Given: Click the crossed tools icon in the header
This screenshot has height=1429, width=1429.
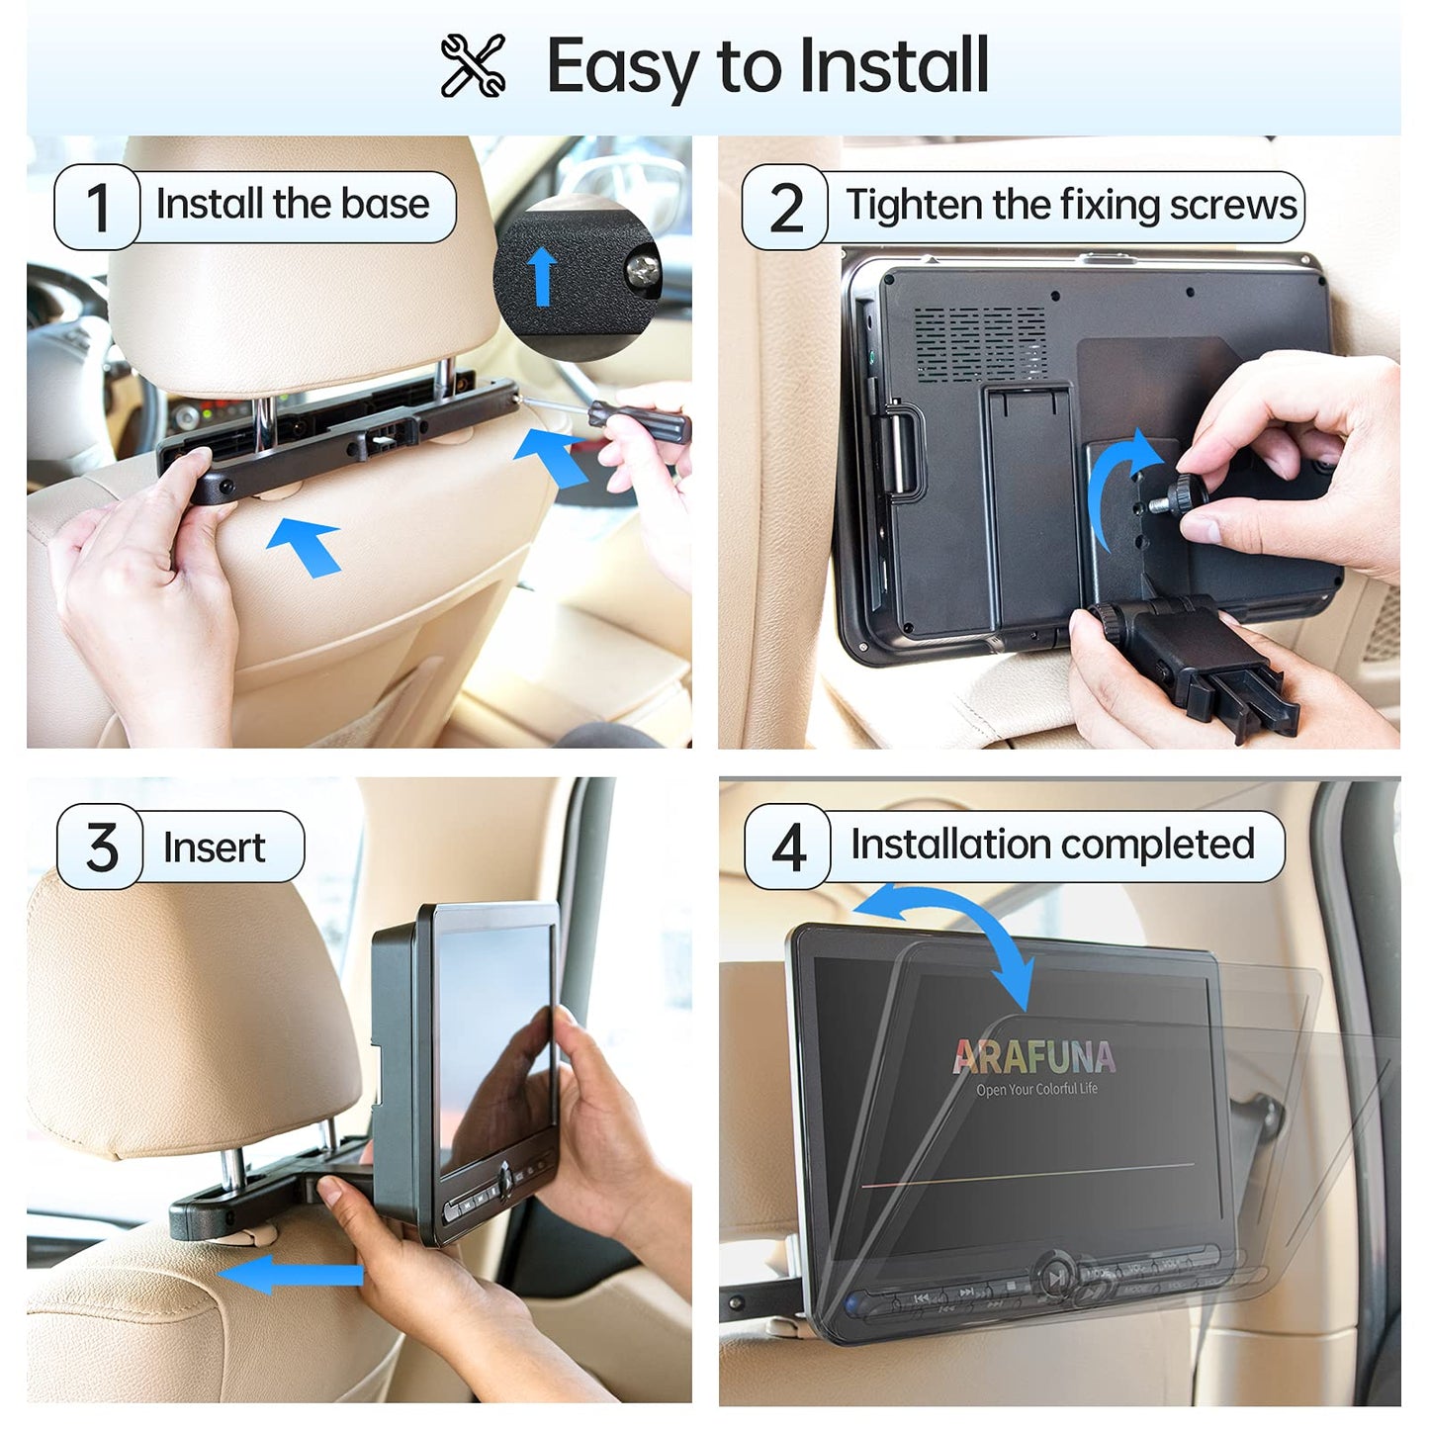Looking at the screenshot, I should [473, 65].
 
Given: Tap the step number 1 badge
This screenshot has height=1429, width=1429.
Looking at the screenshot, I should [97, 207].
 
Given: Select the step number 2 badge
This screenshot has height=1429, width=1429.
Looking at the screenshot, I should [785, 208].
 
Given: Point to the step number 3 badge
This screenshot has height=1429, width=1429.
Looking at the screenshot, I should [101, 848].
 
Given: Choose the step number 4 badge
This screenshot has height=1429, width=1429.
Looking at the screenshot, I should [788, 847].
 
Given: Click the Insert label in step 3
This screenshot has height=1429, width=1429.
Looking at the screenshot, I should [214, 848].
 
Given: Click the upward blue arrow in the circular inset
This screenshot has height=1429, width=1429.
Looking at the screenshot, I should [541, 275].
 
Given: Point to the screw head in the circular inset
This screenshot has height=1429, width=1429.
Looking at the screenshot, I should [645, 268].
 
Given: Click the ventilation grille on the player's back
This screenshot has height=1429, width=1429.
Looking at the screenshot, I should [979, 342].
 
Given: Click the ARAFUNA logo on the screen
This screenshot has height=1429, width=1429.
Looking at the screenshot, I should [1034, 1057].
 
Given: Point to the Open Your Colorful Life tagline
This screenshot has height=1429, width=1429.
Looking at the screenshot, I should [1036, 1090].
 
